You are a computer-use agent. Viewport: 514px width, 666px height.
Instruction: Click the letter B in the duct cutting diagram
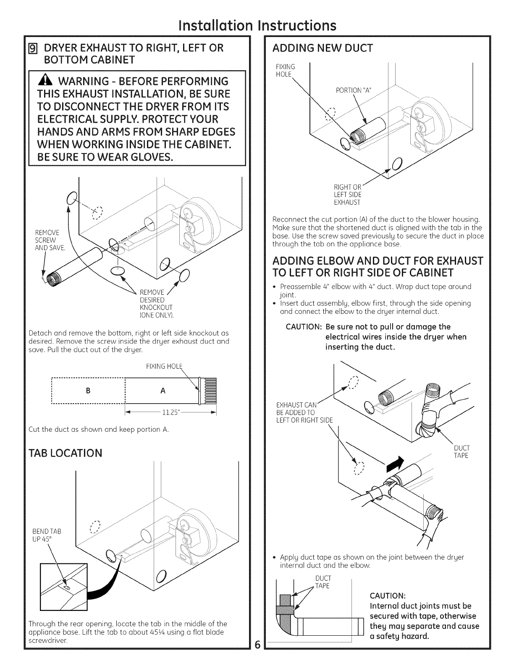88,391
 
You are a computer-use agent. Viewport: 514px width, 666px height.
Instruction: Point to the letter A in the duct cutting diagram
163,391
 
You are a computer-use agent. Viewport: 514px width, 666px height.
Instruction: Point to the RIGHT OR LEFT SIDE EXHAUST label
347,195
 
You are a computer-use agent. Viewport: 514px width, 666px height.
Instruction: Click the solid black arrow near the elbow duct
395,462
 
